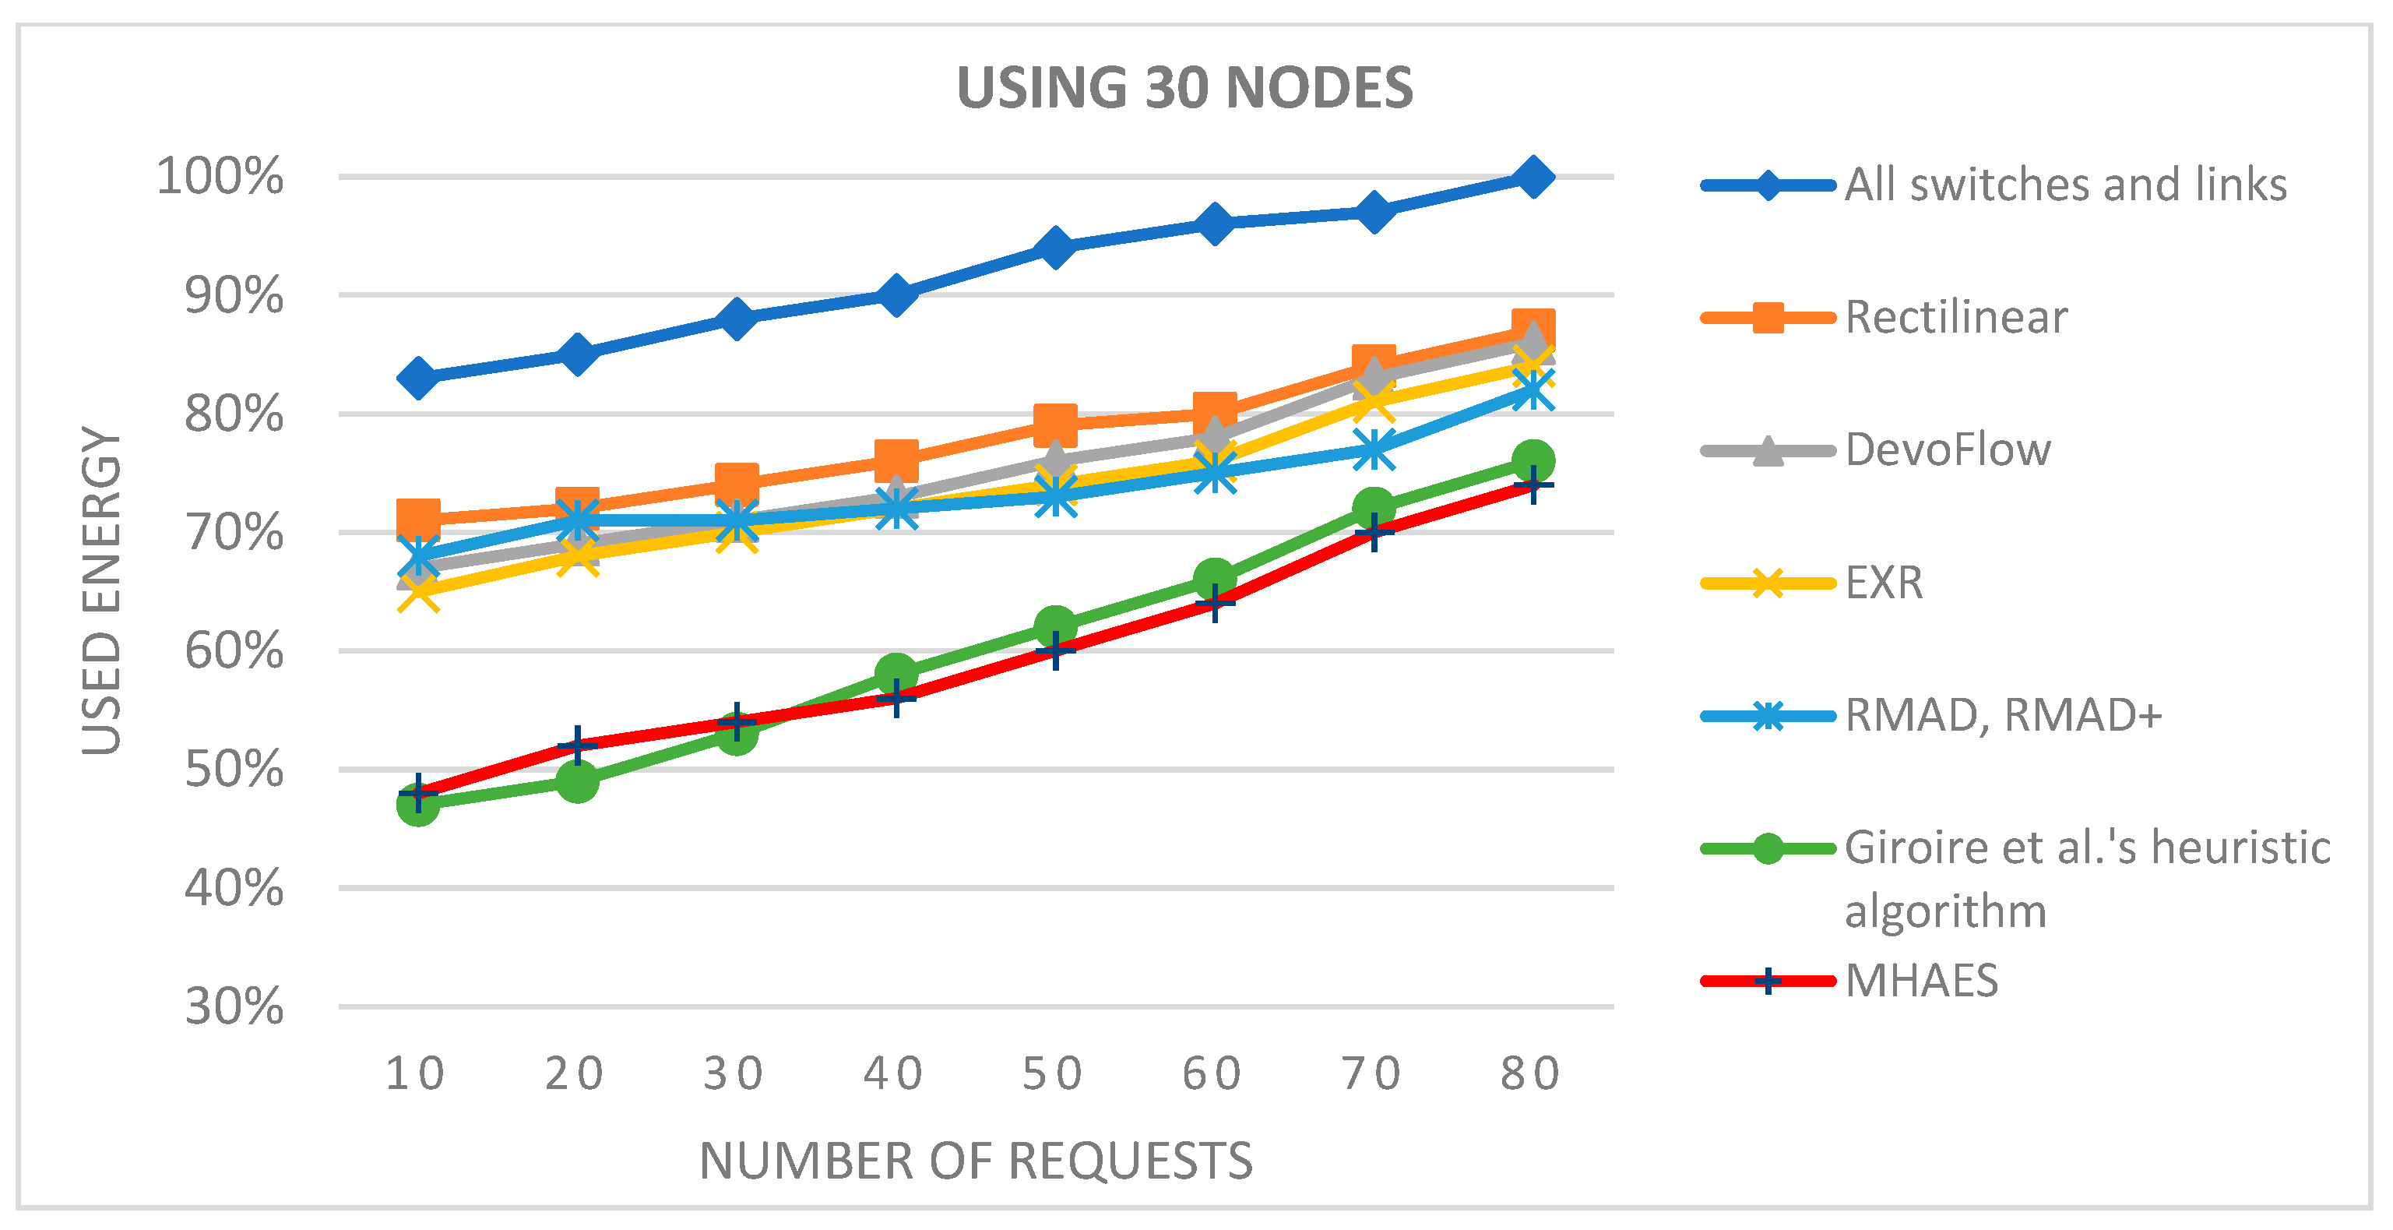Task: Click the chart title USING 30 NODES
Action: (x=1184, y=88)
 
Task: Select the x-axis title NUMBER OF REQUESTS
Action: (x=976, y=1161)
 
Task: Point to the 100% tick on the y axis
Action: (x=220, y=177)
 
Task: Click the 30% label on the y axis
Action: (x=234, y=1007)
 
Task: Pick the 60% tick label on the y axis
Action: (x=234, y=651)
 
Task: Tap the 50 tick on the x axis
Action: (x=1054, y=1074)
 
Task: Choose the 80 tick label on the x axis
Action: (x=1531, y=1074)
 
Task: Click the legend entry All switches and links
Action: (x=2065, y=185)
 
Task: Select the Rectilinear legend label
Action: (x=1955, y=318)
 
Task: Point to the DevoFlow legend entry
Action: (x=1947, y=450)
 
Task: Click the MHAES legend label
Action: (x=1921, y=981)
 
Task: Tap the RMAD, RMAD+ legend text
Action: (x=2003, y=715)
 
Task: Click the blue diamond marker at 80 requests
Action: (x=1533, y=177)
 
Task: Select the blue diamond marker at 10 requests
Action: (x=418, y=378)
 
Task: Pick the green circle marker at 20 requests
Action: (x=577, y=781)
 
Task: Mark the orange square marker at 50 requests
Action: (x=1055, y=425)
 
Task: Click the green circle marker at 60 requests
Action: (x=1214, y=580)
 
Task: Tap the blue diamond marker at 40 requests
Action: (x=896, y=295)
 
